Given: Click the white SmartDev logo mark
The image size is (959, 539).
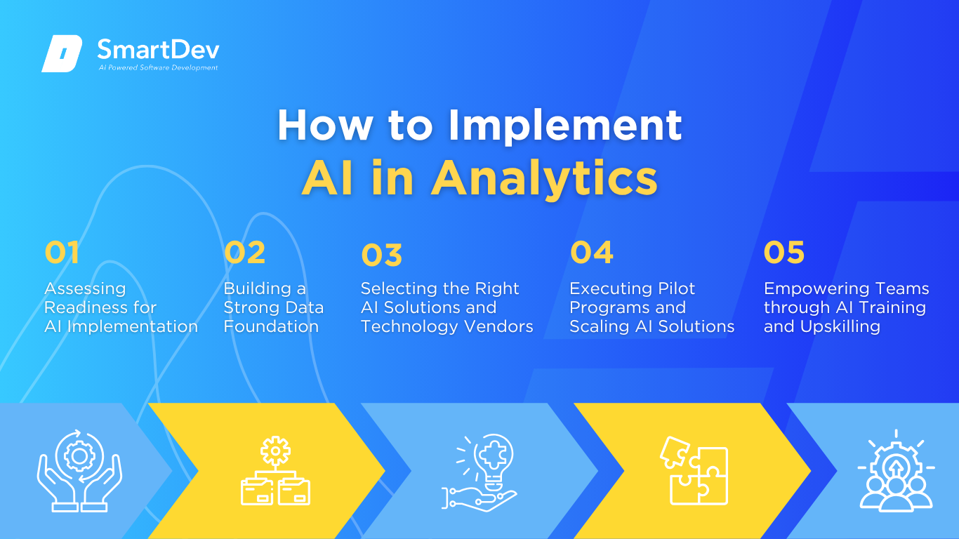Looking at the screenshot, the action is [62, 53].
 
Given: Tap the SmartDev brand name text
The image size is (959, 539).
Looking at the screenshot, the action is [159, 50].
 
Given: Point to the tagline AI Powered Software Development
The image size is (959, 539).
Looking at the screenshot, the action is [159, 67].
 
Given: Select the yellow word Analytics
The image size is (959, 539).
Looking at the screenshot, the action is [544, 179].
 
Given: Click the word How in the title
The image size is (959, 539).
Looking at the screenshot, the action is [325, 125].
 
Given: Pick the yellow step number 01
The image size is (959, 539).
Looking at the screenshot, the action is [62, 252].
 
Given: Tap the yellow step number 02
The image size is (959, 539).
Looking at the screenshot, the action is [244, 252].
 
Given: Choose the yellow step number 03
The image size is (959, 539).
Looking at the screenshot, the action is [381, 255].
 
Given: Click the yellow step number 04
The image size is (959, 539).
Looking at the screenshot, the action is [592, 252].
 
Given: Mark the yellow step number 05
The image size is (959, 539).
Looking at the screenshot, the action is [784, 252].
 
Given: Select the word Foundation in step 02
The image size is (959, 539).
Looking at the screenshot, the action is [271, 326].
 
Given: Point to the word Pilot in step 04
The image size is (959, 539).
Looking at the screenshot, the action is [676, 289].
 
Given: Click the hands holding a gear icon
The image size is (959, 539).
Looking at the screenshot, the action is [79, 470].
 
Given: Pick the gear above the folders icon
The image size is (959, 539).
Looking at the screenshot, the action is [276, 451].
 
